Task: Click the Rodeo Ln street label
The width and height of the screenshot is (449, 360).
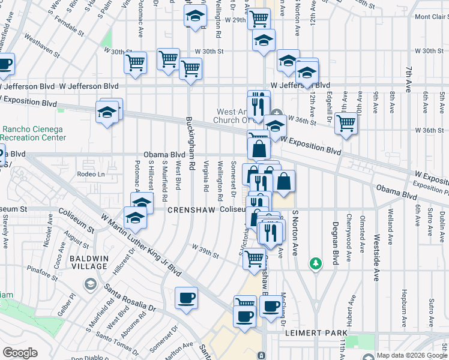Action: pyautogui.click(x=91, y=174)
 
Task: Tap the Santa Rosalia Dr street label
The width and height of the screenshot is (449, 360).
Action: pyautogui.click(x=130, y=299)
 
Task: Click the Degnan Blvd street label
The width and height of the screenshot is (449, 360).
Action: pyautogui.click(x=334, y=239)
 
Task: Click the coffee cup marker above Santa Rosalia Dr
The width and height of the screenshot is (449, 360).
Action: pyautogui.click(x=186, y=298)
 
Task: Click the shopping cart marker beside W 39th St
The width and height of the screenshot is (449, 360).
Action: pyautogui.click(x=255, y=259)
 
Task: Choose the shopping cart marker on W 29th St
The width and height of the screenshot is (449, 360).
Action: pyautogui.click(x=259, y=18)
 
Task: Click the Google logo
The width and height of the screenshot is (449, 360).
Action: pyautogui.click(x=20, y=353)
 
